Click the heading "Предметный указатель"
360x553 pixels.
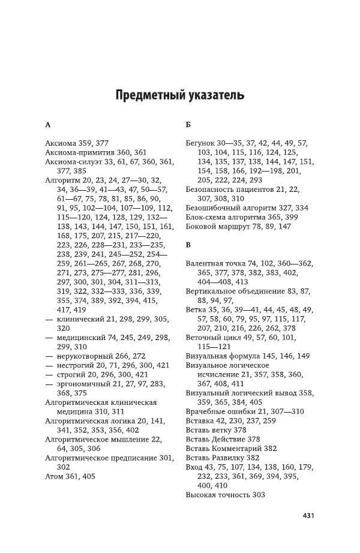(x=179, y=95)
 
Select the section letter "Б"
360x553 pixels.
(x=188, y=125)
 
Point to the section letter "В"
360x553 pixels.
(x=188, y=245)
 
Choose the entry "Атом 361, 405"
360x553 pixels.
(x=70, y=459)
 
